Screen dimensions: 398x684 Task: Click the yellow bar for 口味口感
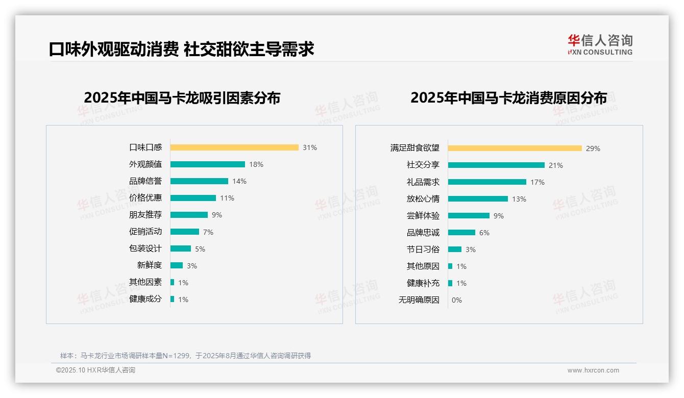coord(234,147)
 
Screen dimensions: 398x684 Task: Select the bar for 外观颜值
coord(208,164)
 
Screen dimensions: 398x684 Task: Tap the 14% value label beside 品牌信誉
coord(239,181)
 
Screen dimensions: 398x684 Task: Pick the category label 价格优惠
coord(145,198)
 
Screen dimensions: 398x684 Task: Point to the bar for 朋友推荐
coord(189,215)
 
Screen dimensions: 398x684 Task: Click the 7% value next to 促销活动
coord(208,232)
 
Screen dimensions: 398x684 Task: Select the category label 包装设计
coord(145,248)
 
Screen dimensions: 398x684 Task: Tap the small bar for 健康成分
coord(173,299)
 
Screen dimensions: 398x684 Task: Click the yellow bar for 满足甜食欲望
coord(515,148)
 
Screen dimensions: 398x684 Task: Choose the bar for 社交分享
coord(496,165)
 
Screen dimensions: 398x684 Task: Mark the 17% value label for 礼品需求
coord(538,182)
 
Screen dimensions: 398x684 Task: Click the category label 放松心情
coord(423,199)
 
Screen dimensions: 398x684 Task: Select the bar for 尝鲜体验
coord(469,216)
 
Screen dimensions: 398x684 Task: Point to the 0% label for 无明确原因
coord(457,300)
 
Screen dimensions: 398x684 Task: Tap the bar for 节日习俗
coord(455,250)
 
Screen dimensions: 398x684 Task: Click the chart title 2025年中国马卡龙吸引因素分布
coord(182,98)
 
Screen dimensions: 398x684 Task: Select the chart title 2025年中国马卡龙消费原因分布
coord(508,98)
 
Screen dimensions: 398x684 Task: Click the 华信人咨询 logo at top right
coord(600,45)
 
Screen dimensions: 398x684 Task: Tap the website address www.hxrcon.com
coord(593,370)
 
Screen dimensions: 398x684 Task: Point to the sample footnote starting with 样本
coord(185,356)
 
